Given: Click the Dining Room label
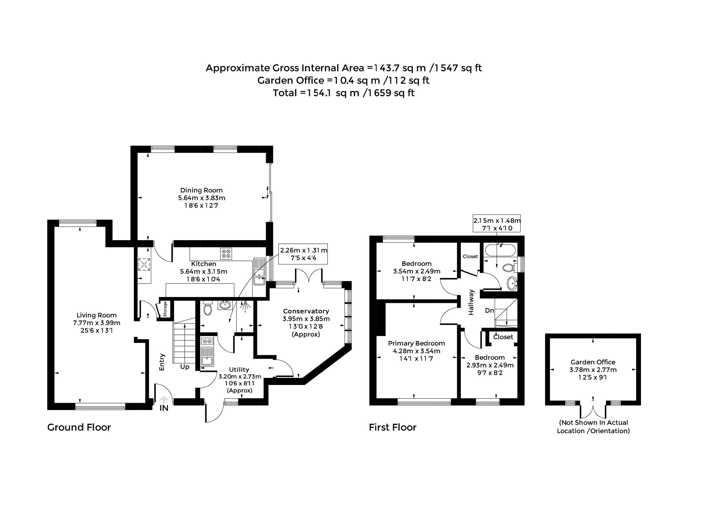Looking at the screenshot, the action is pos(201,190).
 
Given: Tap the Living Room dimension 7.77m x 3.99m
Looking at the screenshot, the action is pos(97,323).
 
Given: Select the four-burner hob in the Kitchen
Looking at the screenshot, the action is pos(226,253).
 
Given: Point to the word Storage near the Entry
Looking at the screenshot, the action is pos(165,309).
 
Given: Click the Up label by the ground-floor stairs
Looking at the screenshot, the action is pos(185,367).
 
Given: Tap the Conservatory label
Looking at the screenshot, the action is pos(306,311).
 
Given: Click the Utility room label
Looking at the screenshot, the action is pos(239,370).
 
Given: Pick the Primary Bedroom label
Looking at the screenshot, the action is pos(416,343).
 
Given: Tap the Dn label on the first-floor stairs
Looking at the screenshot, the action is pos(489,310).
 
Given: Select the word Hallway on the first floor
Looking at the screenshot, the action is pos(471,302).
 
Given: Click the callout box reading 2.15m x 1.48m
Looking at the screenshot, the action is pos(497,223).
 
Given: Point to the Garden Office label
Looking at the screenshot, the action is pos(593,362).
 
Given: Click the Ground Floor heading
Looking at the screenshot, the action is pos(79,427).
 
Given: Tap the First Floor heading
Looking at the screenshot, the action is pos(393,427).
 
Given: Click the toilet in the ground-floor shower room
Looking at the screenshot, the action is pos(207,308).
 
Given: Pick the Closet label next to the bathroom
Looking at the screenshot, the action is pos(470,256).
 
